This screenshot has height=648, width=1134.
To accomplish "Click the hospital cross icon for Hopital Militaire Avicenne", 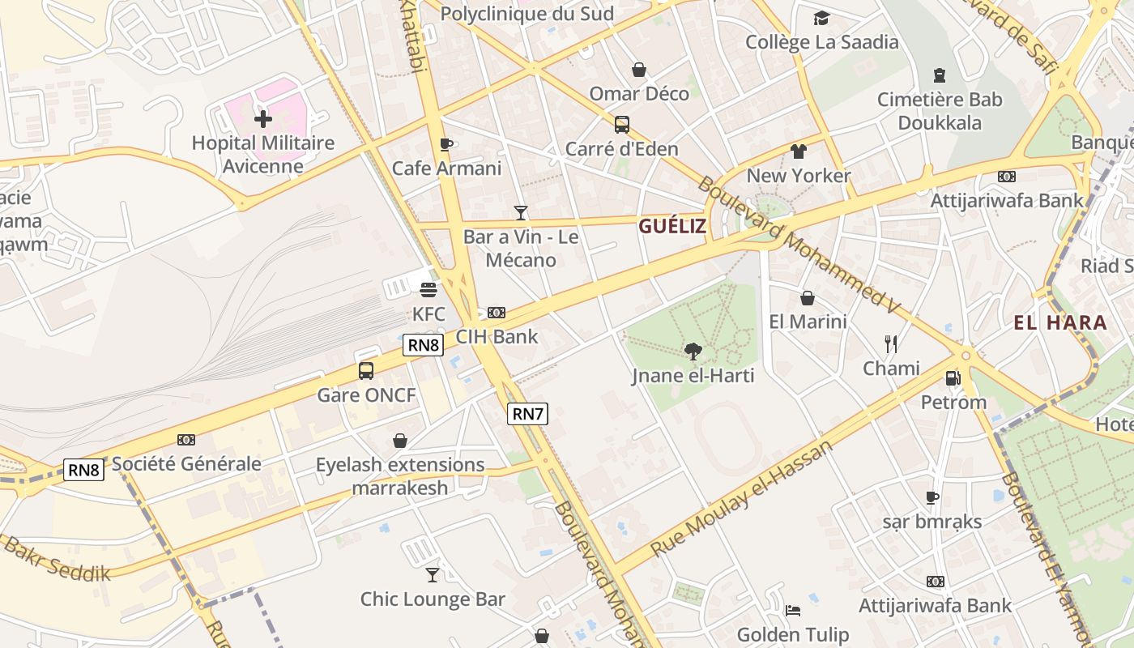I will [263, 119].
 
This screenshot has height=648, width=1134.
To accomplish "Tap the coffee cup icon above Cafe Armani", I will [446, 144].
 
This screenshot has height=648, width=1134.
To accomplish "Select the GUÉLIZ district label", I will [672, 227].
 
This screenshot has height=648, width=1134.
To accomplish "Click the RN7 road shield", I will [528, 414].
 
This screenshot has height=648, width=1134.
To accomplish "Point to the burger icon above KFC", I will [428, 289].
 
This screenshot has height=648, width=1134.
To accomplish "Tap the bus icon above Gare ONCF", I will [366, 371].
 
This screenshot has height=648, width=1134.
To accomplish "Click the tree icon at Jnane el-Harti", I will [693, 351].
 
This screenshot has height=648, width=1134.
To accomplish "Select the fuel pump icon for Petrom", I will [953, 377].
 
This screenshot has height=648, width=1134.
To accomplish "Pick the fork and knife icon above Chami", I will [891, 344].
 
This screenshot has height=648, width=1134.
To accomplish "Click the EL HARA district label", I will [1060, 322].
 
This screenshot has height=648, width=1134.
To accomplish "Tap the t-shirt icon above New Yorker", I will [799, 151].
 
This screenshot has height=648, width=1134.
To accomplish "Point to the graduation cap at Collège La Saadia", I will [821, 18].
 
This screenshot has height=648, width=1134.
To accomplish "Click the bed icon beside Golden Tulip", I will [793, 610].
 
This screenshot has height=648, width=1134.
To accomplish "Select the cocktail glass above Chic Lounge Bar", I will [433, 574].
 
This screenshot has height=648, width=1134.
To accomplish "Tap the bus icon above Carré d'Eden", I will [622, 125].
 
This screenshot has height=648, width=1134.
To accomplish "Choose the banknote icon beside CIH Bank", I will [497, 313].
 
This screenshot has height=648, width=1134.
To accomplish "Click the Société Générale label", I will [186, 464].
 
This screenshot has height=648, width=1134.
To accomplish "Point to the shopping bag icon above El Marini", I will [808, 298].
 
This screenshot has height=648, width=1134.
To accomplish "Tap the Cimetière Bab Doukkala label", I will [940, 111].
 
